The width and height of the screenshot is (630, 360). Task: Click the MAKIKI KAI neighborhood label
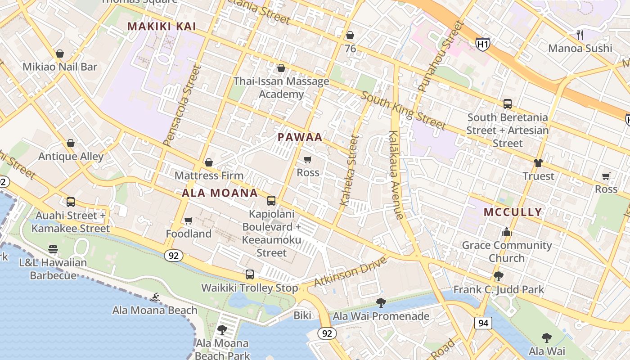point(162,27)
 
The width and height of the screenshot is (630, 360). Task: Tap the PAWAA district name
point(300,137)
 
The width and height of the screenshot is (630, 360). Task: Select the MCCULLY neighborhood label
point(513,212)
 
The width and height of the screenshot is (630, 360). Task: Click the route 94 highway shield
point(482,323)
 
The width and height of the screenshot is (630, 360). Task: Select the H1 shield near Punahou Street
point(482,44)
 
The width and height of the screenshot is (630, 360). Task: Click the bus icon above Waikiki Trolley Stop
point(250,274)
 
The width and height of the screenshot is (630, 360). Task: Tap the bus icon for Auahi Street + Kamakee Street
point(71,202)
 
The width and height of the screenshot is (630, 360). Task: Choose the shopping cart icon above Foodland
point(189,220)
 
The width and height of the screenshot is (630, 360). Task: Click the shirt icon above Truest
point(538,163)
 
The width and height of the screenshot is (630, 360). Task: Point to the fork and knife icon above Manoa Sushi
point(580,35)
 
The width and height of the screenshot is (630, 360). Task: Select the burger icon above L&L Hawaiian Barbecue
point(53,249)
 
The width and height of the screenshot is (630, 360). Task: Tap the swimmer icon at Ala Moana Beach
point(155,297)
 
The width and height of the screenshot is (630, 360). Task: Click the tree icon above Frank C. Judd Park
point(498,276)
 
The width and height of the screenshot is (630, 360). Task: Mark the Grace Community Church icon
point(507,232)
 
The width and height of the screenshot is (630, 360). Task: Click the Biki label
point(302,315)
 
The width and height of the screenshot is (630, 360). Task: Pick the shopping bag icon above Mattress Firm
point(209,162)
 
